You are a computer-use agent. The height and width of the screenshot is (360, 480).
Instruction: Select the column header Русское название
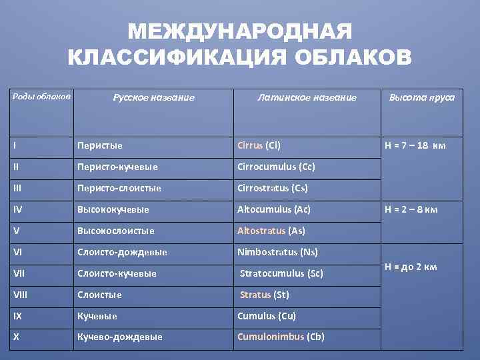point(153,97)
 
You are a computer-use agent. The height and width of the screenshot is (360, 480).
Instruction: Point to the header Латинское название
point(307,97)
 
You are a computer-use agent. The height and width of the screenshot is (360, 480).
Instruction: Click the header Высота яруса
point(422,97)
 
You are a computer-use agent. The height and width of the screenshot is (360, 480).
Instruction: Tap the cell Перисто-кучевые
point(117,167)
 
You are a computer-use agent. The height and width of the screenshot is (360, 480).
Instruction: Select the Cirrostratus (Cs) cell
point(273,188)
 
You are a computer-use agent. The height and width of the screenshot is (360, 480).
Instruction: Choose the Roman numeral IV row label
point(17,209)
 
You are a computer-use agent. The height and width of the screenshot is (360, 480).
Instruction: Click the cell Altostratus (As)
point(271,231)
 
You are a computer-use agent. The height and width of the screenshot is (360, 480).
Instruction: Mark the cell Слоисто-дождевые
point(122,252)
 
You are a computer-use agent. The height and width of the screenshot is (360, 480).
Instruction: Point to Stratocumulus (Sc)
point(281,273)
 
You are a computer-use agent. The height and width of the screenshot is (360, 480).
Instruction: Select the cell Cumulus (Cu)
point(267,316)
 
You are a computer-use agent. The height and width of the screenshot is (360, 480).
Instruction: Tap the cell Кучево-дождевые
point(120,337)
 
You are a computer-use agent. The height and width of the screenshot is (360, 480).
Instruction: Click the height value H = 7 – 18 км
point(416,145)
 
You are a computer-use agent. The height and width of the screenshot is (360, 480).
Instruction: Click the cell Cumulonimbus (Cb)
point(281,337)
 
